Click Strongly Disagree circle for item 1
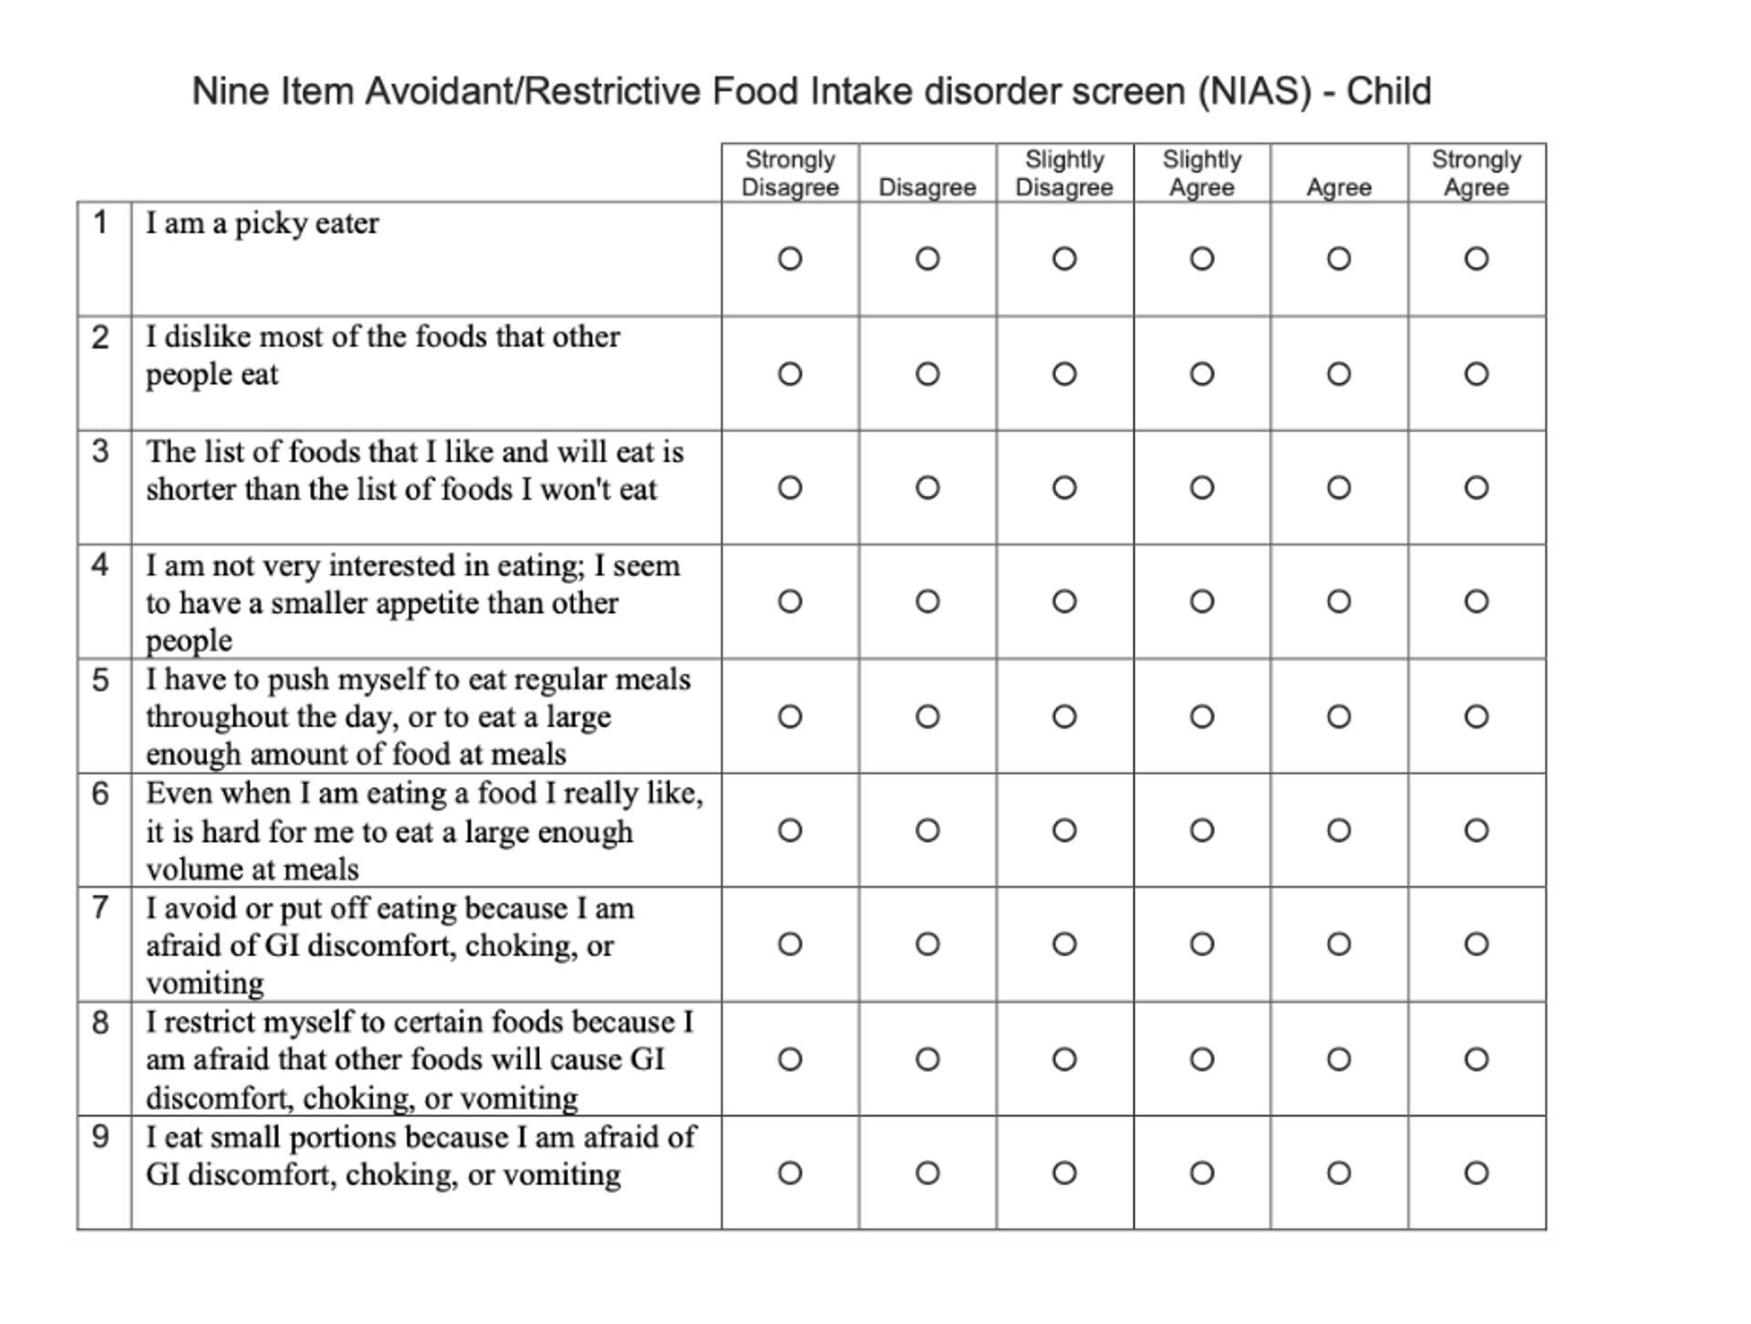790,259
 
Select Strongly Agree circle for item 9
1476,1173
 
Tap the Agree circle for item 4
1338,601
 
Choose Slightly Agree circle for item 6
1201,830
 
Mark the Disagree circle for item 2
927,374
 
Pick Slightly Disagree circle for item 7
1063,943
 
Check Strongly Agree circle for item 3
1476,488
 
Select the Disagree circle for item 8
927,1059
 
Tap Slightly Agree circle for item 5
1201,716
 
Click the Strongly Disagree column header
790,173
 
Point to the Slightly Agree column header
1201,173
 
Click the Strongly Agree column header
1476,173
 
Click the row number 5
100,681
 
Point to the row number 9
100,1137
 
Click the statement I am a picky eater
262,224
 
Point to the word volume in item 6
187,870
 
